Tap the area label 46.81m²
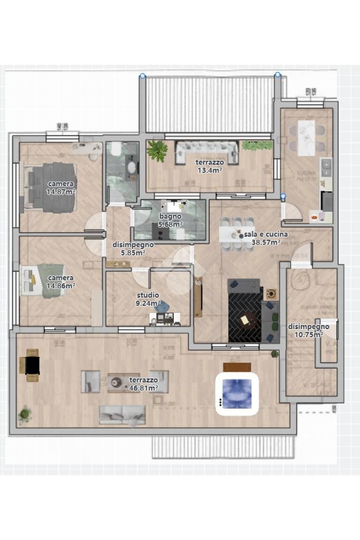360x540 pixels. point(144,388)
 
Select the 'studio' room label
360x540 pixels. point(148,295)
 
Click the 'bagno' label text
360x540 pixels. point(170,216)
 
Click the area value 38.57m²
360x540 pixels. point(266,243)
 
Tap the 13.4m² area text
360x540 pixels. point(209,170)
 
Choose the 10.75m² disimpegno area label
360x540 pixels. point(308,334)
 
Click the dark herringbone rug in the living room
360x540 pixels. point(245,314)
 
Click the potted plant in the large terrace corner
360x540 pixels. point(24,414)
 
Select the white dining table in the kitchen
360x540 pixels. point(306,138)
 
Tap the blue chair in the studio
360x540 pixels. point(164,305)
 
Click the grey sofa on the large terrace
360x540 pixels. point(122,414)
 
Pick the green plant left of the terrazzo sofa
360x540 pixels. point(157,150)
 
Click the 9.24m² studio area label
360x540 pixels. point(148,303)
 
